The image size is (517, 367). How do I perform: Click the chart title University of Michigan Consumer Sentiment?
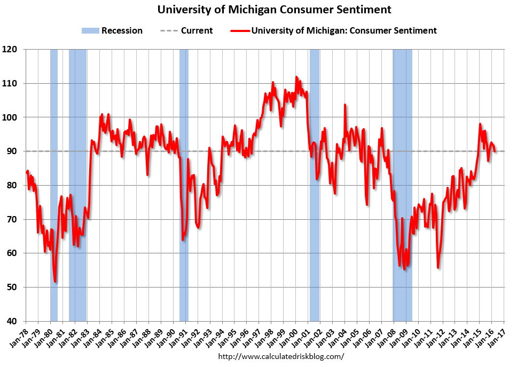pos(274,10)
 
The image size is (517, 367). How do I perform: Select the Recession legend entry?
pos(112,30)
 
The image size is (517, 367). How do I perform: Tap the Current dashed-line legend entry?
pos(186,30)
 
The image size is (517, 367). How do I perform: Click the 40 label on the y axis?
pos(15,321)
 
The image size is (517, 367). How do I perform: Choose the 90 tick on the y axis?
pos(15,151)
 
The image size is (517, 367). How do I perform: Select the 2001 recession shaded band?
pos(315,213)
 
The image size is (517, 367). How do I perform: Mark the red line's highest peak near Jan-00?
pos(296,77)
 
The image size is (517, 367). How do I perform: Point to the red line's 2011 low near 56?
pos(438,267)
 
